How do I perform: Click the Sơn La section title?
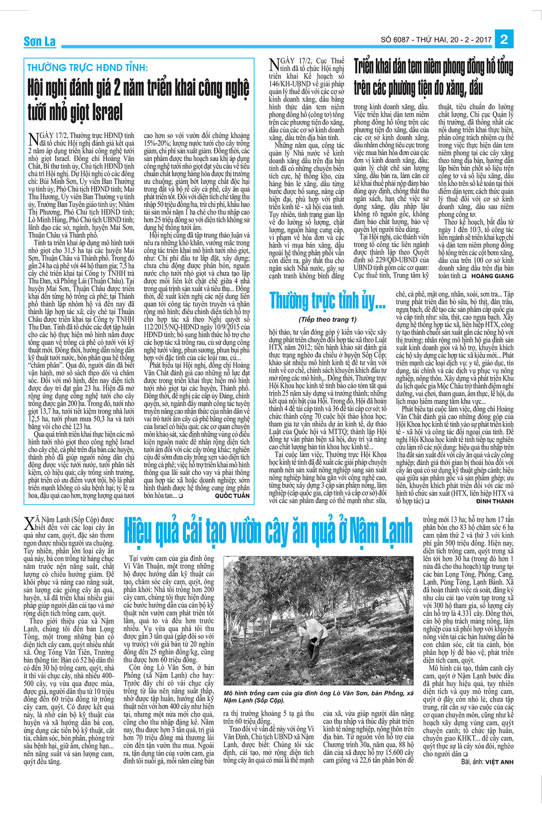[x=40, y=42]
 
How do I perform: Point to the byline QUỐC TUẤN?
[x=232, y=496]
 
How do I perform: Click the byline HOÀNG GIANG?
[x=492, y=276]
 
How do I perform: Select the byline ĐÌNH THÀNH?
[x=495, y=502]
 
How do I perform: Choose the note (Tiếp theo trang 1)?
[x=327, y=319]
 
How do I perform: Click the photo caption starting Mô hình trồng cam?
[x=318, y=696]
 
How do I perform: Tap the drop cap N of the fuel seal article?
[x=274, y=64]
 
